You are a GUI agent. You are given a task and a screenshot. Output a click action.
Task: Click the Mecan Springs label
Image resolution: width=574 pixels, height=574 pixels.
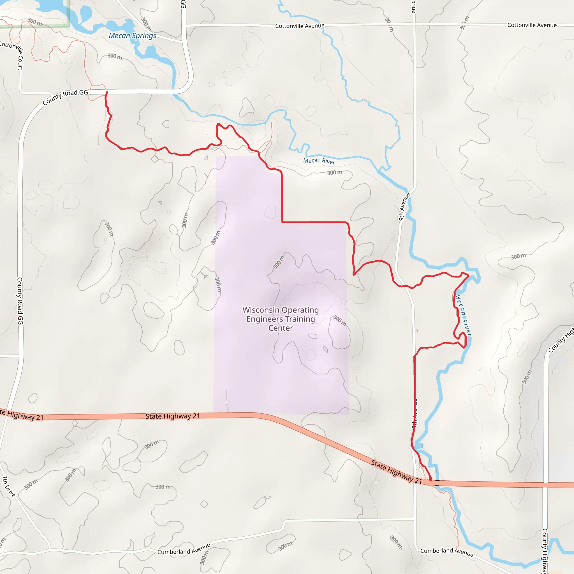point(132,36)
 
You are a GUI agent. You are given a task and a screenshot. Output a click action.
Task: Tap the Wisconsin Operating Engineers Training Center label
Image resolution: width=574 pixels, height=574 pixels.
point(281,319)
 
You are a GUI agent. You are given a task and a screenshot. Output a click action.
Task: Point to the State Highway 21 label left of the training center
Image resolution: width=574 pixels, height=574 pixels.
point(172,416)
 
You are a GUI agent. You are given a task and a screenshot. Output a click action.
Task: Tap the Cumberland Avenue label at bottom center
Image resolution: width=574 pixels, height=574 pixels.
point(184,549)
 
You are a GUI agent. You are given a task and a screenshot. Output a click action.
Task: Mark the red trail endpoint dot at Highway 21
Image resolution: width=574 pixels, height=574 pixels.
point(430,479)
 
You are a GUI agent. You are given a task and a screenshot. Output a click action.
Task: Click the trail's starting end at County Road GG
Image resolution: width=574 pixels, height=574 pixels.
point(107,92)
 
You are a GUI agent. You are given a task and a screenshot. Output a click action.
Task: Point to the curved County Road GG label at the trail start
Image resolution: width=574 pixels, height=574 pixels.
point(65,97)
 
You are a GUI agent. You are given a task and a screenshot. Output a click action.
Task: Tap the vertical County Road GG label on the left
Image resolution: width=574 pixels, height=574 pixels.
point(20,301)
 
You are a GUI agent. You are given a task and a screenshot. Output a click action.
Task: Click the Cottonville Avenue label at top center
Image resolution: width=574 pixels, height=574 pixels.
point(300,26)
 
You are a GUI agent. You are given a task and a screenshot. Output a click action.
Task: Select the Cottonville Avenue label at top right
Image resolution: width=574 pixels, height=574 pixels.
point(531,25)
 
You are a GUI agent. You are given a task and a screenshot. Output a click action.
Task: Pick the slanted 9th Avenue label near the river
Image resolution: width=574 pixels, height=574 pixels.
point(404,207)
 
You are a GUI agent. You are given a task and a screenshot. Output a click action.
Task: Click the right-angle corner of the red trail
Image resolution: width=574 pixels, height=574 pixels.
point(282,222)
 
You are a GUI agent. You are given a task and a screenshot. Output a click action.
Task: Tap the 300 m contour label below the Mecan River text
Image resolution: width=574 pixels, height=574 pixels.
point(335,172)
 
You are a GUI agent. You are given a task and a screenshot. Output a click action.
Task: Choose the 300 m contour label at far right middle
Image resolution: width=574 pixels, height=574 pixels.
point(518,256)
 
